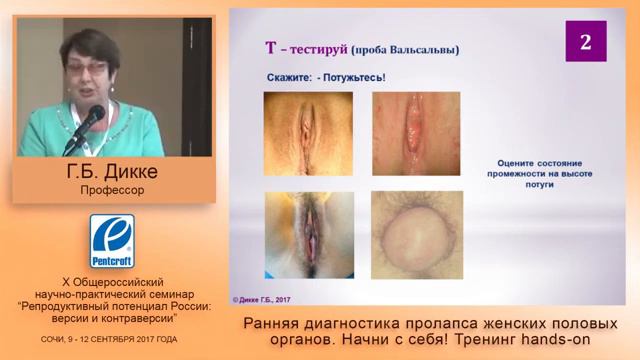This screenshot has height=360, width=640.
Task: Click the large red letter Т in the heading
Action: tap(270, 47)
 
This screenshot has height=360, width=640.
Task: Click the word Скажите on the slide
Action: tap(293, 76)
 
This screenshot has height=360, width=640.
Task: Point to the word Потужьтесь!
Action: tap(352, 76)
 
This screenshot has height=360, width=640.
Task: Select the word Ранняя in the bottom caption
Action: tap(273, 324)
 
